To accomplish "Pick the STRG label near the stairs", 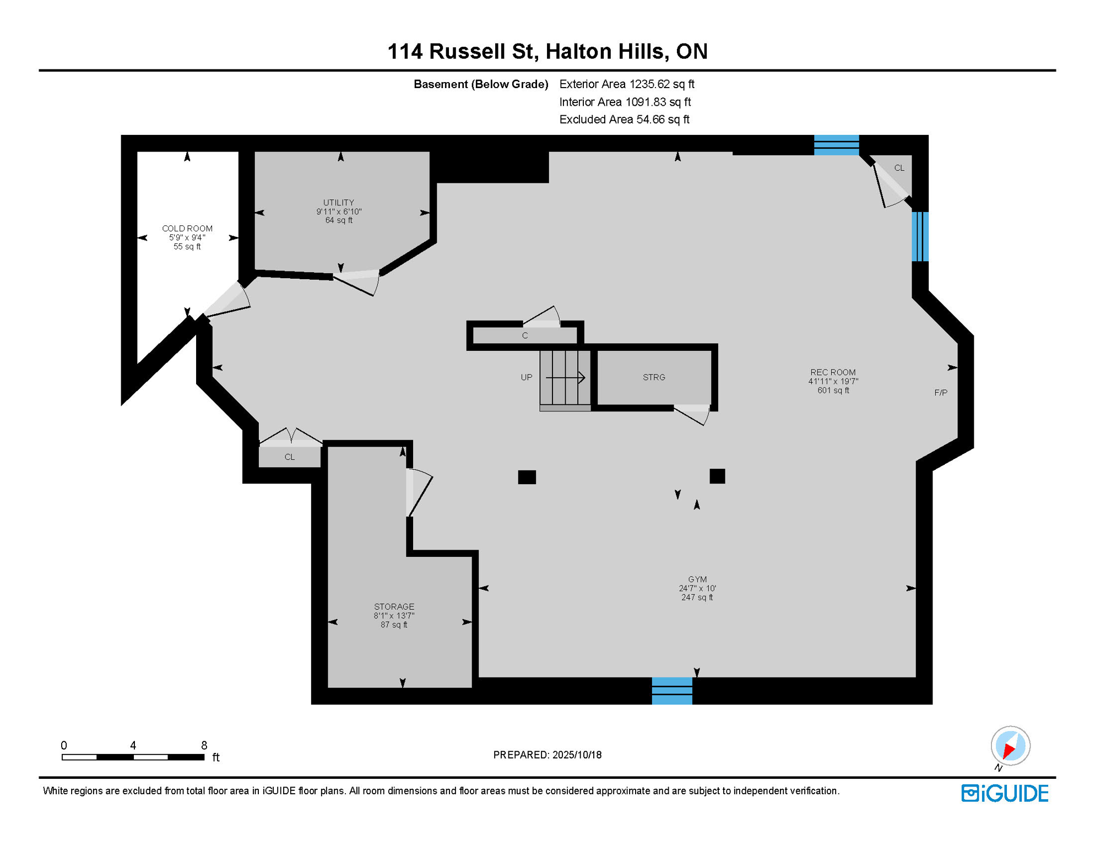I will [x=654, y=377].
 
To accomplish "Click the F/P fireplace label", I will [x=941, y=393].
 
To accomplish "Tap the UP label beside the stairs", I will [x=527, y=377].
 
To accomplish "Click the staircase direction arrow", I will [x=566, y=378].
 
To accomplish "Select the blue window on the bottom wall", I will [x=672, y=691].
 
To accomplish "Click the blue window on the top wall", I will [x=836, y=145].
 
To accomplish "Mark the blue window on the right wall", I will [x=920, y=236].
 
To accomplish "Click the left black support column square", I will [x=527, y=477].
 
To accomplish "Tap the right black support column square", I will [x=717, y=476].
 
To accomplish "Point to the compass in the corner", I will [x=1010, y=746].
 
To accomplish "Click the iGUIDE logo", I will [x=1005, y=793].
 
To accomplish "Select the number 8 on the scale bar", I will [x=204, y=745].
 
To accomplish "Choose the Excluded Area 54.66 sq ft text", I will [x=624, y=120].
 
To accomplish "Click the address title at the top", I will [x=547, y=51].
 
